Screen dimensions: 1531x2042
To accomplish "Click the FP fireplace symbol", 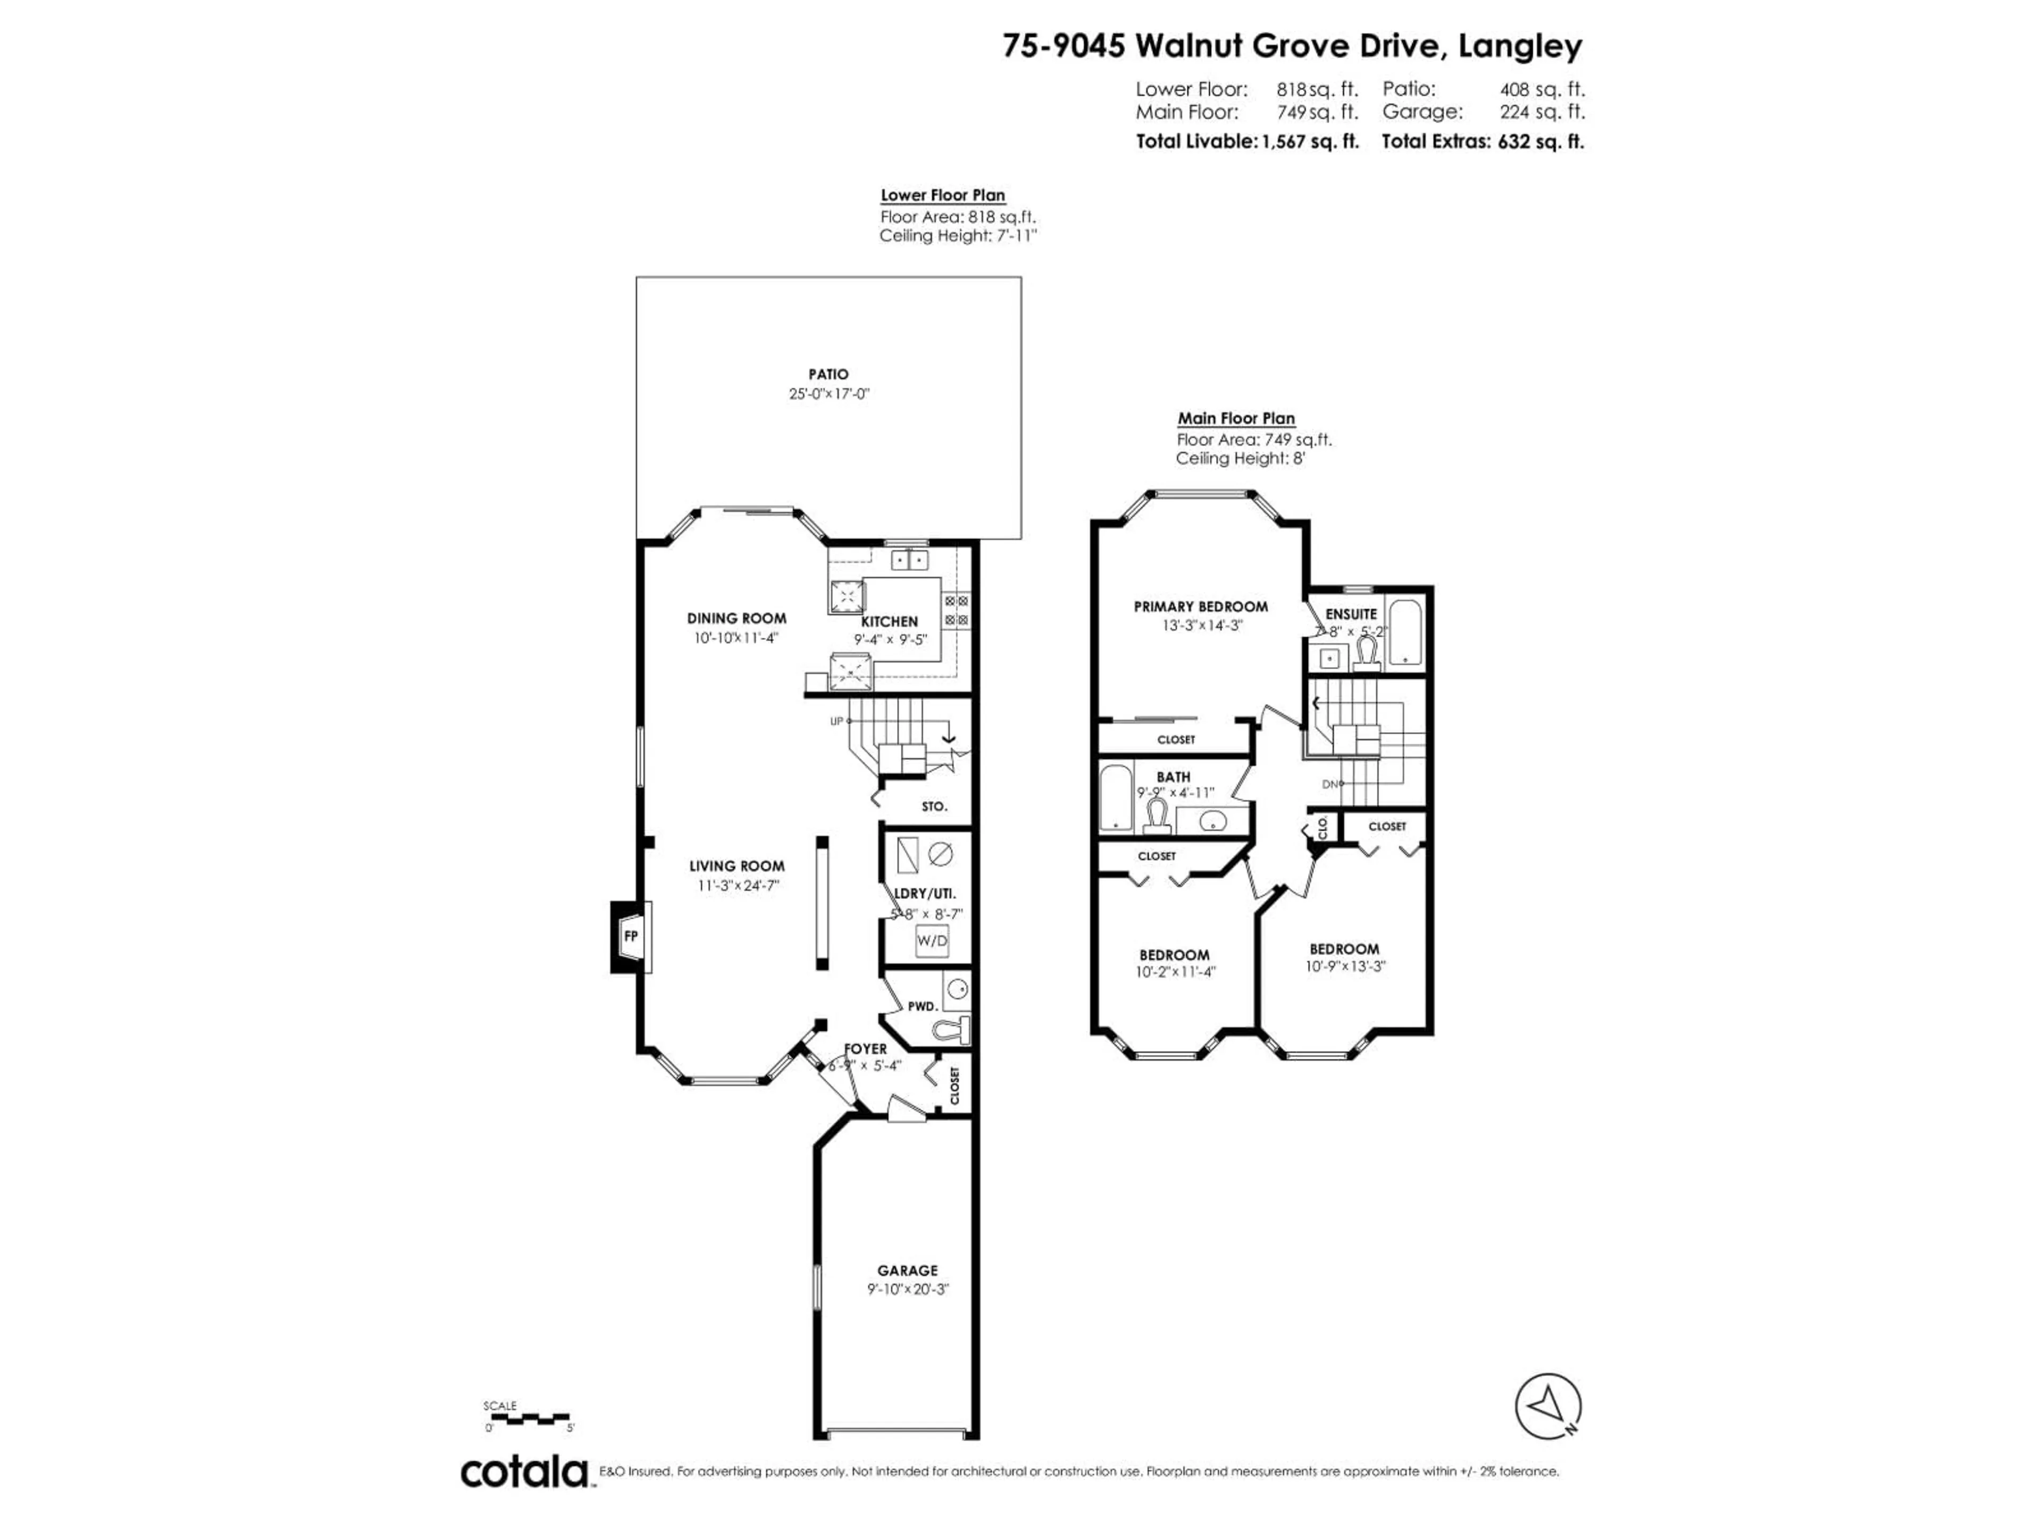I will point(631,936).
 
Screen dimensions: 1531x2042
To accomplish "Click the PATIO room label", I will point(828,374).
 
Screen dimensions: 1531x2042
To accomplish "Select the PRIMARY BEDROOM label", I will point(1200,607).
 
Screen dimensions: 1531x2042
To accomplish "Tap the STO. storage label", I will point(934,806).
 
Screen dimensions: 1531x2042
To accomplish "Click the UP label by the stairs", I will point(836,721).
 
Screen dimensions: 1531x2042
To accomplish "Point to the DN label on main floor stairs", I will point(1329,785).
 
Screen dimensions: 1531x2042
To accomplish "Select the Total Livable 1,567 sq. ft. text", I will point(1246,141).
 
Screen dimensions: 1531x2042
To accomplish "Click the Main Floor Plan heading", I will point(1235,418).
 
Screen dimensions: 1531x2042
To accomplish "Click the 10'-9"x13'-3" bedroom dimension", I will point(1345,966).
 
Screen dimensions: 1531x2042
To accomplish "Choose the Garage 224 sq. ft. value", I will point(1542,112).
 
